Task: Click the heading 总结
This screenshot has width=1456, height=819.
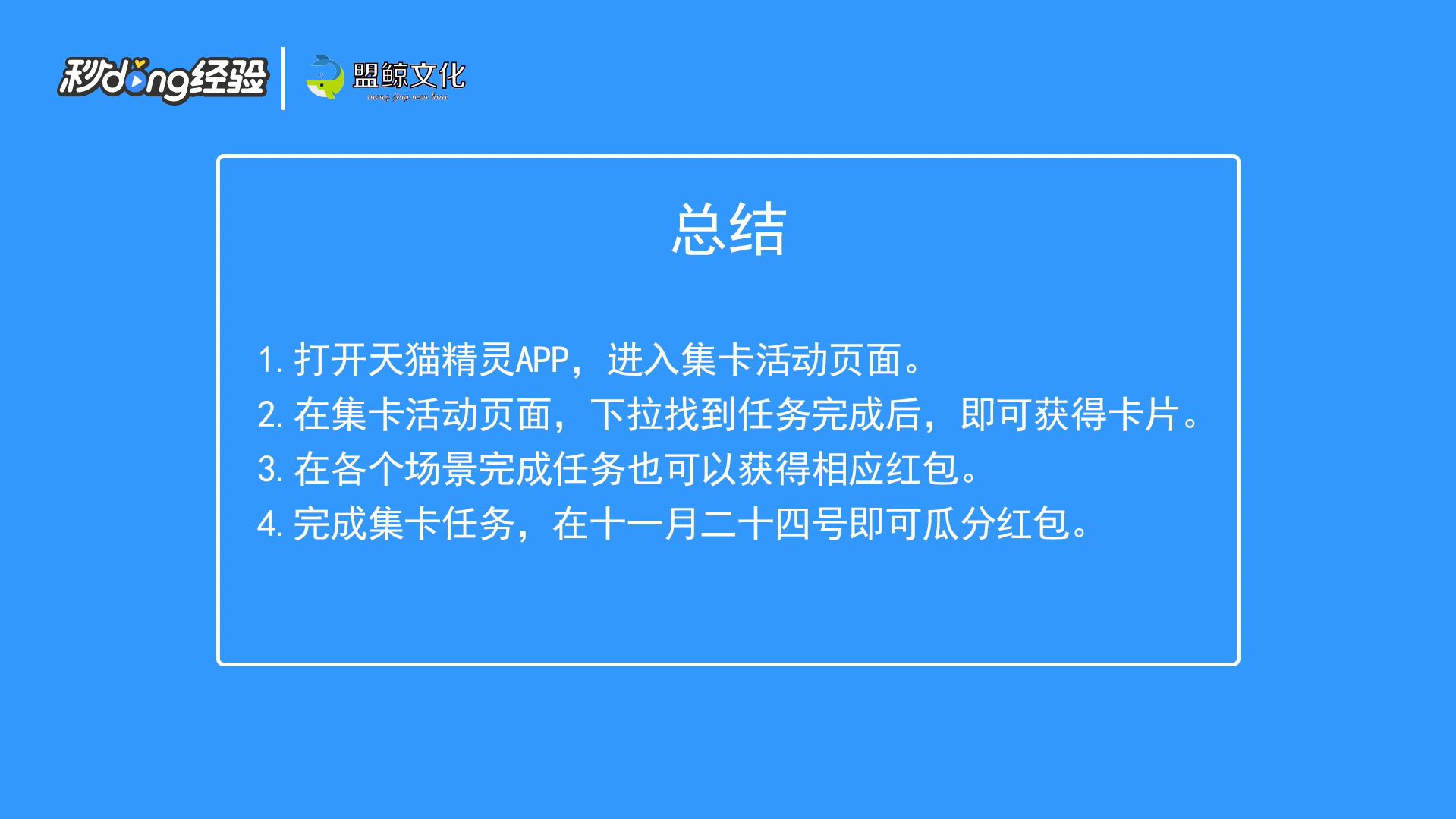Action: (x=728, y=228)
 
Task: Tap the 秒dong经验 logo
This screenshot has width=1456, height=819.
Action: (x=163, y=79)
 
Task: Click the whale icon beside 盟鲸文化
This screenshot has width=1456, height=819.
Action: (x=325, y=77)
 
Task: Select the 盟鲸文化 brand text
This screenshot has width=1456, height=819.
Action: (x=409, y=76)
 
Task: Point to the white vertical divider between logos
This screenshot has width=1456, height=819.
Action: (x=283, y=78)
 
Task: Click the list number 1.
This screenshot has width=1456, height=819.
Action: (x=270, y=361)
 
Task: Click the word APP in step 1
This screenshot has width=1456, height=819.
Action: (x=542, y=361)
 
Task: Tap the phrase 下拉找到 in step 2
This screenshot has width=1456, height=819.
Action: (x=663, y=415)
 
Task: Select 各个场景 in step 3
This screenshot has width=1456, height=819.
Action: (x=404, y=470)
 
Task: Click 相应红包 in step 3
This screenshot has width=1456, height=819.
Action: (x=885, y=470)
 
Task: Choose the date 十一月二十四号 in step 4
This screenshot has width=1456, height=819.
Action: (x=719, y=524)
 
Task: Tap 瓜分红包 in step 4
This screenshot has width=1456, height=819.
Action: (x=996, y=524)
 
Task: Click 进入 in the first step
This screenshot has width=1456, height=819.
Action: (x=643, y=360)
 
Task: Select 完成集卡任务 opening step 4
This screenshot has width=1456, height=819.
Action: (x=404, y=524)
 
